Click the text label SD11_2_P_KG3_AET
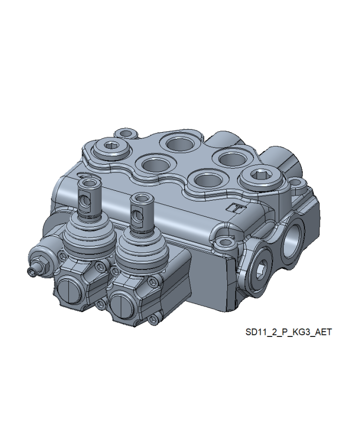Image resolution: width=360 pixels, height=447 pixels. (289, 332)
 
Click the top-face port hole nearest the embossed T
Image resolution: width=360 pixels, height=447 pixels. (207, 181)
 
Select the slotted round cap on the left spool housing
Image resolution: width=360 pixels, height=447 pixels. (69, 292)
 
